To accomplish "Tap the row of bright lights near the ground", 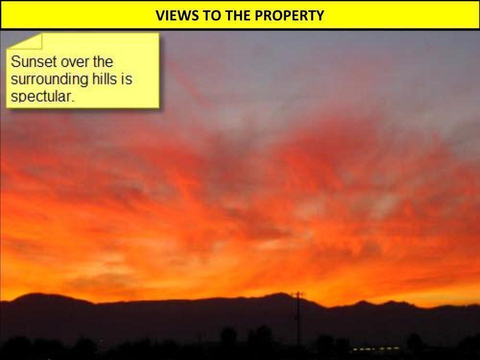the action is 376,348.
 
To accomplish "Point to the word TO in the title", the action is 212,15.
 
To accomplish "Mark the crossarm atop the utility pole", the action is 298,294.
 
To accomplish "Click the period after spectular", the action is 73,101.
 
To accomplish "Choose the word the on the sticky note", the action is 103,61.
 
